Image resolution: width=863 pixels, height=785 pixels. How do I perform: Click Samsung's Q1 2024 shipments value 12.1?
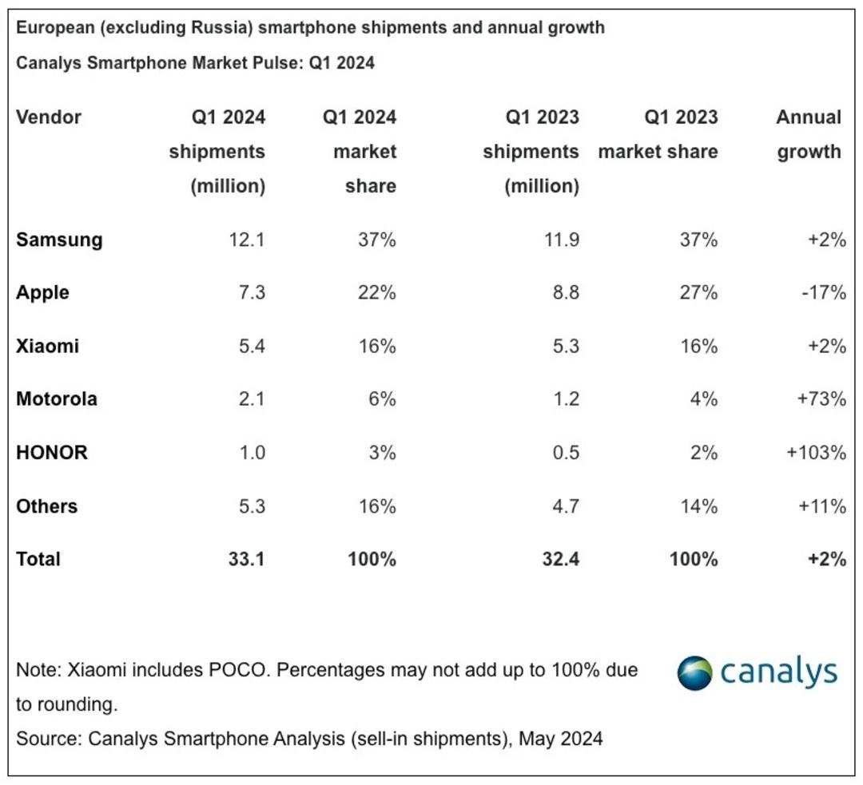247,240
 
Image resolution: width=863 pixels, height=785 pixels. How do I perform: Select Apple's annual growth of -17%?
823,292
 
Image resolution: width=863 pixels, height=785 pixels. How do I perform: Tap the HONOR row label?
52,453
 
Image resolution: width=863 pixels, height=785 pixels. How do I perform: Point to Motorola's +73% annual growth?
821,398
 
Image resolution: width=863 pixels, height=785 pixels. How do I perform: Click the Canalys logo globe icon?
694,672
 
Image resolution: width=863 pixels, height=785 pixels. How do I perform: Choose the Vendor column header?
49,117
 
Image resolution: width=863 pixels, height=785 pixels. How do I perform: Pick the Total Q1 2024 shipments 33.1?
247,560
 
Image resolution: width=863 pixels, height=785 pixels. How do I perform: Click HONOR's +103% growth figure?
816,453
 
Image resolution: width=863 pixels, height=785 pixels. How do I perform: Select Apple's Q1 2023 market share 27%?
698,292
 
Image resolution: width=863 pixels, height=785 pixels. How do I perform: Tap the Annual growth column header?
809,134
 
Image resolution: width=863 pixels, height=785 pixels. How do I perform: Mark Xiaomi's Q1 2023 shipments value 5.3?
566,347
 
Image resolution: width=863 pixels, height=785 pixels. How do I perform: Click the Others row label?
47,506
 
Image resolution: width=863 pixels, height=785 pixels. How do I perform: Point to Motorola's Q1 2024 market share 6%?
383,398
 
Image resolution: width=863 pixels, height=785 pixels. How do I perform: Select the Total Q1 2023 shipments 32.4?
561,560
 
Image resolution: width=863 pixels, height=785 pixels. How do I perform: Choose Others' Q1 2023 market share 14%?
699,506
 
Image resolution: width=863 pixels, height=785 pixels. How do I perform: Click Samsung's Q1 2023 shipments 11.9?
562,240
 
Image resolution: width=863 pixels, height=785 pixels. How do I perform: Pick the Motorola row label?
57,398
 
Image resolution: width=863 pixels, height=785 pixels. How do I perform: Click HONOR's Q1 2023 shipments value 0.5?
566,453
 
